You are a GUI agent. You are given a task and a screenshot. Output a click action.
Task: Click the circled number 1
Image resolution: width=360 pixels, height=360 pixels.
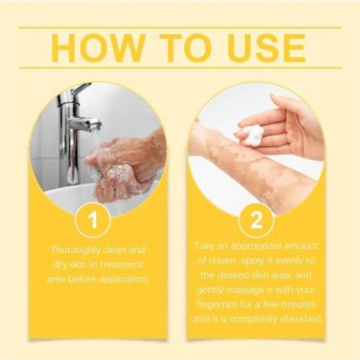click(x=93, y=220)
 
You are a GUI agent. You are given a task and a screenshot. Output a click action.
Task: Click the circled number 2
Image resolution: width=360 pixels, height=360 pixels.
click(x=256, y=220)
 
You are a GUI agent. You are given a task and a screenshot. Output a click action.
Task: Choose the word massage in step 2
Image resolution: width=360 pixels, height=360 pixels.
click(x=250, y=290)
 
